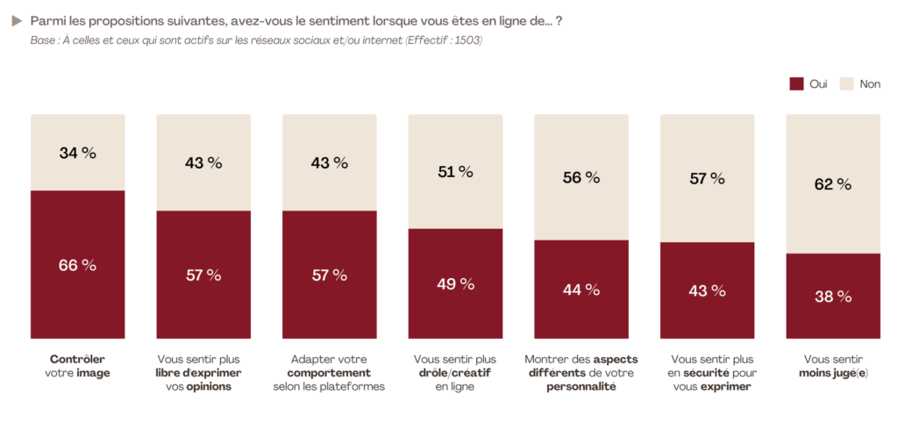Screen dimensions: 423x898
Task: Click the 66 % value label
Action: tap(77, 265)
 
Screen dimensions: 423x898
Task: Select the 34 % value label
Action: tap(77, 153)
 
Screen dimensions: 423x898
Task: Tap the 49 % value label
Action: tap(455, 283)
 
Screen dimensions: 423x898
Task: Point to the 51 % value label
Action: tap(455, 172)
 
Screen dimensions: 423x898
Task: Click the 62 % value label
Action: tap(832, 184)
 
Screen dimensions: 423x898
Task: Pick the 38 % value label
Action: tap(832, 297)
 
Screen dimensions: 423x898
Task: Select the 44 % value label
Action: tap(581, 289)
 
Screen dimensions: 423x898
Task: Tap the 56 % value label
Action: tap(581, 177)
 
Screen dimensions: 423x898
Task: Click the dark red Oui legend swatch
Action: tap(796, 84)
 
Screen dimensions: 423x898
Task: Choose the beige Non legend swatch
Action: tap(846, 84)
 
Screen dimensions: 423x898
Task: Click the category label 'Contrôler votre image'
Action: tap(77, 366)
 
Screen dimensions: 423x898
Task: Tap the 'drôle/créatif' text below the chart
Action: tap(454, 373)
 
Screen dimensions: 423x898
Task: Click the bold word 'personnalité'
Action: tap(581, 387)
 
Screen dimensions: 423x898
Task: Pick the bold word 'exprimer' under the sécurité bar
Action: tap(725, 387)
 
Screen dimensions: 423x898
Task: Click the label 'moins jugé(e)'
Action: tap(832, 373)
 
